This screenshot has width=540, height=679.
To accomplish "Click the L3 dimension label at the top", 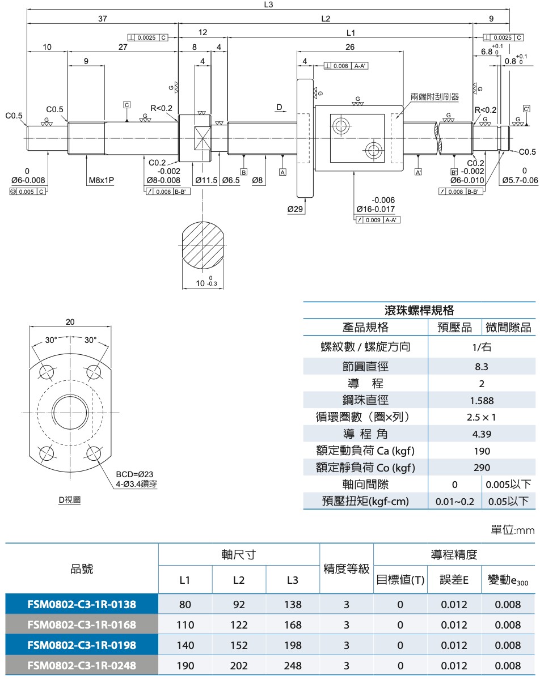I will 269,5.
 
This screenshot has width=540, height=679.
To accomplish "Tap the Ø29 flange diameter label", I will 296,209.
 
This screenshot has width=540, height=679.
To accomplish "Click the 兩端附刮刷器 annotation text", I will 435,97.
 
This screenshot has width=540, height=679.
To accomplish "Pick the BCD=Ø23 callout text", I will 134,474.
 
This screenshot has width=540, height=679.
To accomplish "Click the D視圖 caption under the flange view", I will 69,500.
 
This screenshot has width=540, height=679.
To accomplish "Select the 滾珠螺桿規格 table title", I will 420,310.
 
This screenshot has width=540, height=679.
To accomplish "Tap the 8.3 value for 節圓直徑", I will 482,367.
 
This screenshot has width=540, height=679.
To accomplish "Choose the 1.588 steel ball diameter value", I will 482,401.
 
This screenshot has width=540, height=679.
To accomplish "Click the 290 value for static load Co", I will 482,468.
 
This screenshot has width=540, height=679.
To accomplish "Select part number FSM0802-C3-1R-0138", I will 82,604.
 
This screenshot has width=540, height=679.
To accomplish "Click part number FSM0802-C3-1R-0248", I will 82,665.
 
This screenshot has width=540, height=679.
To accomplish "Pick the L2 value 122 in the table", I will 239,625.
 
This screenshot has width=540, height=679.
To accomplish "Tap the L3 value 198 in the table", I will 293,645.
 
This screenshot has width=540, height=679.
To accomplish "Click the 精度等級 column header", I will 347,569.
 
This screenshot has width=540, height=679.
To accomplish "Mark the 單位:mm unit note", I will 512,530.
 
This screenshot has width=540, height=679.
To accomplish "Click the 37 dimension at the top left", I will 102,19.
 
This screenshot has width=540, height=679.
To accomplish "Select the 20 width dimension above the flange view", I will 70,322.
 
